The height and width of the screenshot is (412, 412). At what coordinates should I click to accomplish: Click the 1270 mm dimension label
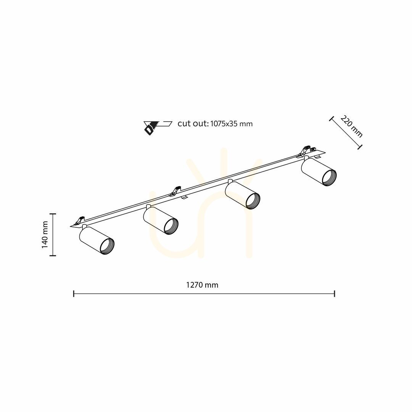click(x=202, y=285)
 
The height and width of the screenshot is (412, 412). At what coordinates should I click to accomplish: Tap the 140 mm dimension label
click(x=45, y=235)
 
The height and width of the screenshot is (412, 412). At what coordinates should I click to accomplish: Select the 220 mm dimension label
click(x=352, y=126)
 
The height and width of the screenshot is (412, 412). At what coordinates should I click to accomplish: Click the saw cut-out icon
click(x=158, y=127)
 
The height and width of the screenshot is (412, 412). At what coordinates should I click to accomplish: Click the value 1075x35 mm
click(x=232, y=124)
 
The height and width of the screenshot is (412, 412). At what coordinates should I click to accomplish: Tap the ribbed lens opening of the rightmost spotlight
click(x=328, y=178)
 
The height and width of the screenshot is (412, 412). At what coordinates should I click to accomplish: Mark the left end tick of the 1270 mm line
click(x=74, y=294)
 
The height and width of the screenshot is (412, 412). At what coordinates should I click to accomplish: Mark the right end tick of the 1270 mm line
click(x=335, y=294)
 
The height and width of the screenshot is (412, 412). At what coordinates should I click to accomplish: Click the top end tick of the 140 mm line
click(x=53, y=214)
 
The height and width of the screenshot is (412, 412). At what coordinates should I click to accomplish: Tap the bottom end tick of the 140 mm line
click(x=53, y=255)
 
